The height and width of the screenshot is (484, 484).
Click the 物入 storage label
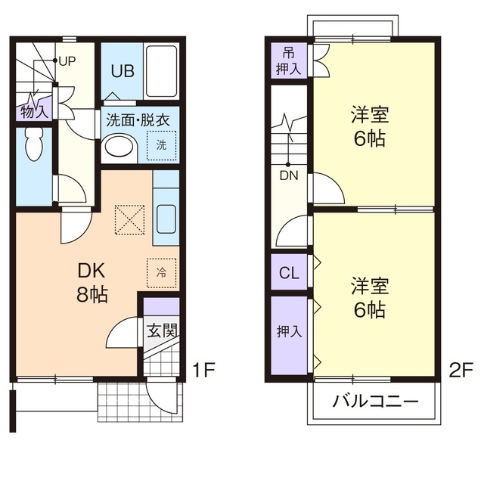coord(34,112)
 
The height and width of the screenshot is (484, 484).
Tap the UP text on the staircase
coord(67,60)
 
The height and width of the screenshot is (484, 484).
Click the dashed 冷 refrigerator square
coord(161,271)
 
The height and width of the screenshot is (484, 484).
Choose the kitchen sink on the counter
coord(166,219)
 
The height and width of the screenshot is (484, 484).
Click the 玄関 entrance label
coord(161,330)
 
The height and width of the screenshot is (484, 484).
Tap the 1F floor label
coord(203,371)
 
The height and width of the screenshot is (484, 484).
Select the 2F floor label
coord(461,371)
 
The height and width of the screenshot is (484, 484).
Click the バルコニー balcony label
coord(375,401)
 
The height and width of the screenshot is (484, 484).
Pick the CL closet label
coord(289,273)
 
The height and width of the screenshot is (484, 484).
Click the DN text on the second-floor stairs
coord(288,175)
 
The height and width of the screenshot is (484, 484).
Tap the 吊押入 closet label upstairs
coord(290,60)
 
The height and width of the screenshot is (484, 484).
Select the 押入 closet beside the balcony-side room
coord(290,332)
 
